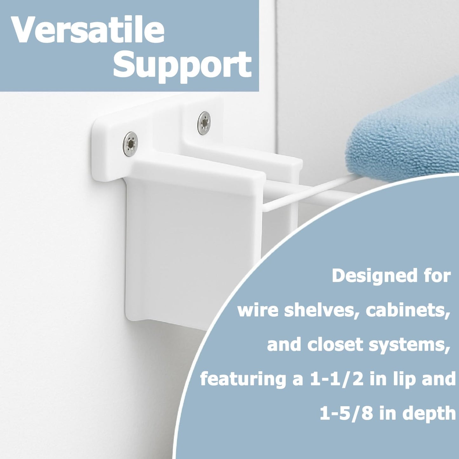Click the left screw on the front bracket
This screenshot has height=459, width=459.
tap(130, 145)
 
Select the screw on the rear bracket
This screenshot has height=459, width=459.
tap(204, 123)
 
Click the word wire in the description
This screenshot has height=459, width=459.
tap(258, 310)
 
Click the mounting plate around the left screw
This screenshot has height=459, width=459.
tap(108, 152)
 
